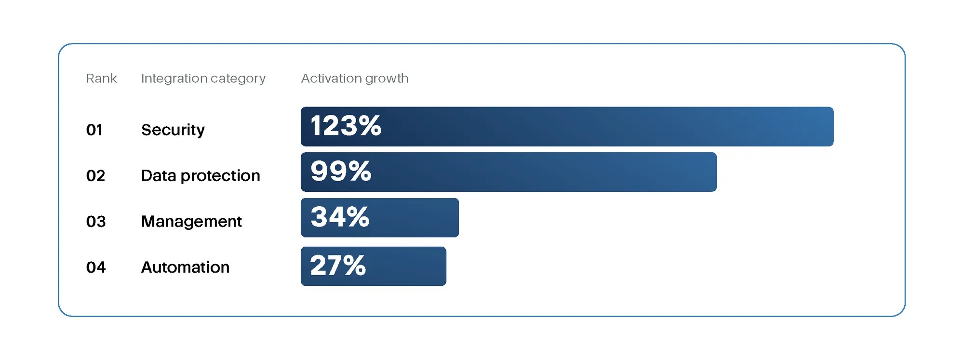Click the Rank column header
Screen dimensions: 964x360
pos(101,78)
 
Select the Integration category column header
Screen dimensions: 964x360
pos(203,79)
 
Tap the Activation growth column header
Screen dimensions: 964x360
pos(355,79)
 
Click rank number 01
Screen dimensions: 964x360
pos(94,130)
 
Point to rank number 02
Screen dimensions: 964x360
pos(95,175)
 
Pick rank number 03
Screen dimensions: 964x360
pos(96,221)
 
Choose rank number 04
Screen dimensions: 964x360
pos(96,267)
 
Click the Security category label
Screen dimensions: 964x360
pos(173,130)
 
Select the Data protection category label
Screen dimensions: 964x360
pos(201,176)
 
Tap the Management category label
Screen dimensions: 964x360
pos(191,222)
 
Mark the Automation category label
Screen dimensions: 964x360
pos(185,267)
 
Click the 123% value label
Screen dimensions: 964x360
pos(346,126)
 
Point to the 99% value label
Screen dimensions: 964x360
pos(341,171)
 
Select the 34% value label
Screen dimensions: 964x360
pos(340,217)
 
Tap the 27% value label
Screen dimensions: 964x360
pos(338,265)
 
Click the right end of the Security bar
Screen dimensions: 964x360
pos(833,126)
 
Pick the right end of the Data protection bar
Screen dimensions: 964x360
pos(716,172)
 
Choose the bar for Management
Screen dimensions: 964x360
pos(380,217)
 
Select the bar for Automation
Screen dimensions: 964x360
pos(374,266)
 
